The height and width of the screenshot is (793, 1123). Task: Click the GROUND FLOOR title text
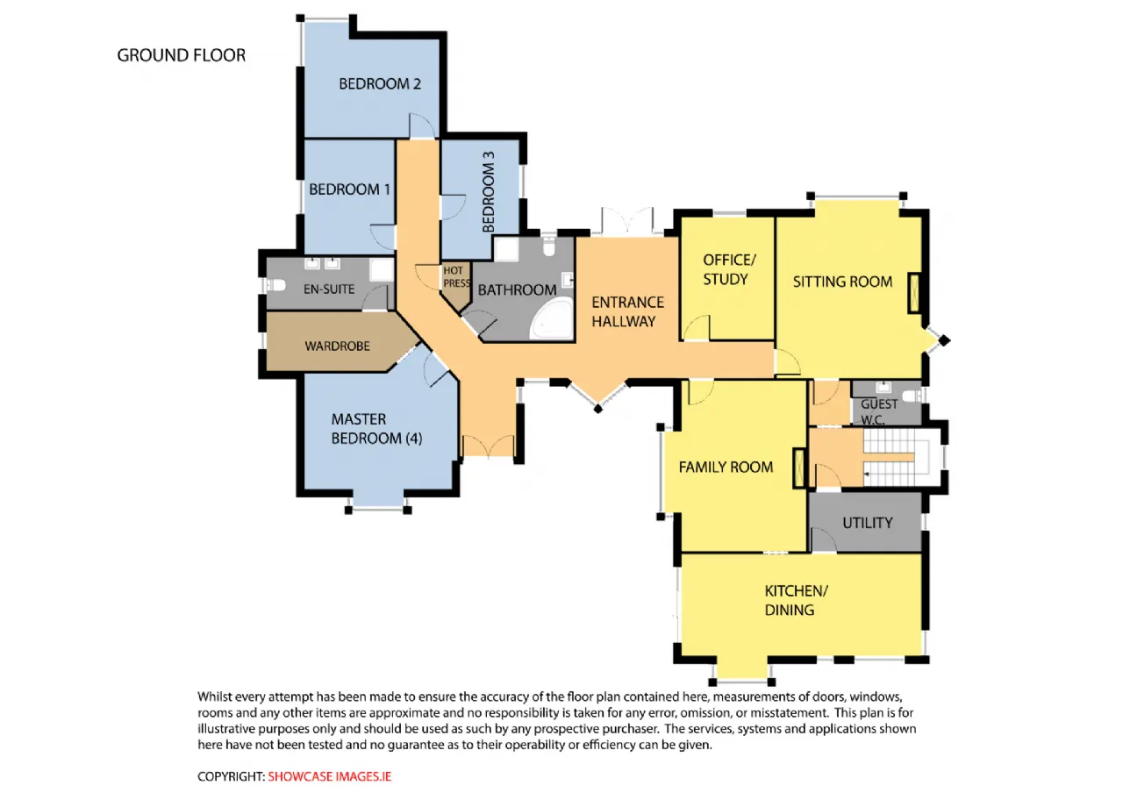(182, 55)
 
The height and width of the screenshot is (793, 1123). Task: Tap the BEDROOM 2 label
(380, 83)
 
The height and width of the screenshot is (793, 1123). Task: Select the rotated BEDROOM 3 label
(489, 192)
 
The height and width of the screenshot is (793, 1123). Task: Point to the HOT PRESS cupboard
(455, 284)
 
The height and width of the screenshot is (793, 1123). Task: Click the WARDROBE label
(338, 346)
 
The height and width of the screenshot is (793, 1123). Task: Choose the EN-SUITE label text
(329, 289)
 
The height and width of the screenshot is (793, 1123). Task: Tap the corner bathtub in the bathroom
(553, 318)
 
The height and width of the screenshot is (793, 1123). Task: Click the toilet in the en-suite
(275, 285)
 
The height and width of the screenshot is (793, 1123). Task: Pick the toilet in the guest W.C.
(912, 396)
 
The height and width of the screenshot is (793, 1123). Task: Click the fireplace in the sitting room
(914, 293)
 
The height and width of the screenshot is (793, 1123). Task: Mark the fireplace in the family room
(799, 468)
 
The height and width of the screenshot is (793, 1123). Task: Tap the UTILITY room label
(868, 523)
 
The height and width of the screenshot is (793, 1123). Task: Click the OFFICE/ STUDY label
(728, 269)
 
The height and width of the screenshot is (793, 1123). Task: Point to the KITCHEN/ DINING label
(796, 600)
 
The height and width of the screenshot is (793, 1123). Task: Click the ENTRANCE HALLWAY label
(627, 311)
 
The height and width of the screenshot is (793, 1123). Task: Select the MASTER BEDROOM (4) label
(376, 429)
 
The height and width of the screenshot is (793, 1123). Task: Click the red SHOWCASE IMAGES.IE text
(329, 776)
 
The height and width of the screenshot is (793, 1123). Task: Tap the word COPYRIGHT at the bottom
(231, 776)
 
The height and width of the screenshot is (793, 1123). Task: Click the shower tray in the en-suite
(382, 269)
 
